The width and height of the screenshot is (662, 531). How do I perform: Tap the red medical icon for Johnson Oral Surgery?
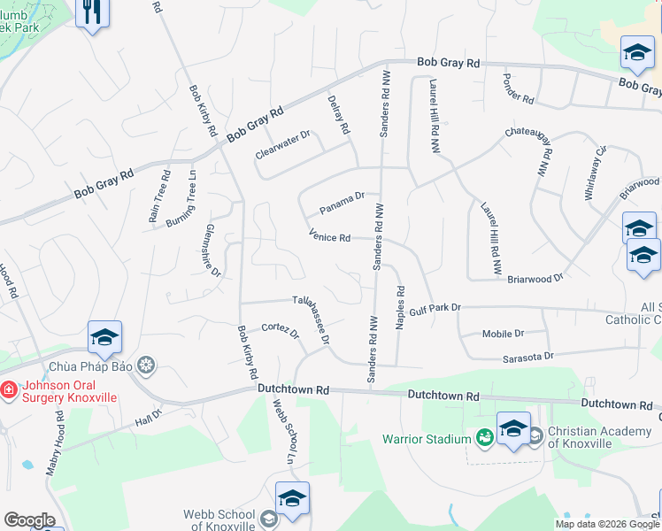click(8, 388)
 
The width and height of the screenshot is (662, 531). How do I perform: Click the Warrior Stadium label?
click(426, 439)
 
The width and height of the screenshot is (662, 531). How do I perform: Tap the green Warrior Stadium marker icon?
click(484, 437)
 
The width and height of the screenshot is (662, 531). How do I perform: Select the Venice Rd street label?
click(330, 237)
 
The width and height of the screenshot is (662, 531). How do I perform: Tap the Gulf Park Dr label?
click(435, 307)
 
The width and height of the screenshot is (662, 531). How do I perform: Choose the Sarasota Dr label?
click(524, 355)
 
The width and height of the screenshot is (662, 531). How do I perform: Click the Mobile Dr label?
click(503, 334)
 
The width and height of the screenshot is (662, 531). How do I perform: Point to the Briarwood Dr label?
click(535, 278)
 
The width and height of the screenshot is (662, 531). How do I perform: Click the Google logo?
click(29, 520)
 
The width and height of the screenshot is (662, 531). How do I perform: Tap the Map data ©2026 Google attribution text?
click(608, 523)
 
